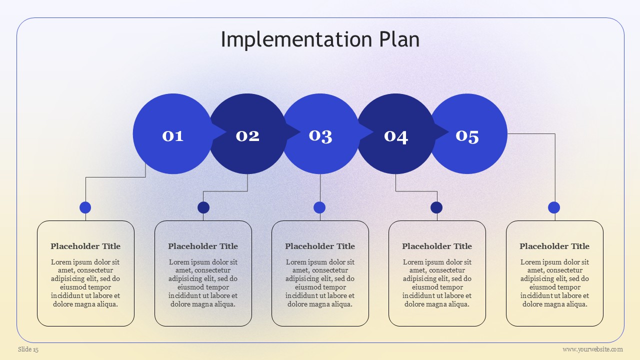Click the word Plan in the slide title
[x=399, y=39]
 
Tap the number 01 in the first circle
[x=172, y=136]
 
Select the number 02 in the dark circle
[x=247, y=136]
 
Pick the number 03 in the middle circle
[x=320, y=136]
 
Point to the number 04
[x=395, y=137]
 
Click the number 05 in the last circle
[x=467, y=136]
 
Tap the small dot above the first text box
[x=85, y=207]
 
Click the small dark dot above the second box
[x=203, y=207]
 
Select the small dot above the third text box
[x=319, y=207]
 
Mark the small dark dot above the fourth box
[x=436, y=207]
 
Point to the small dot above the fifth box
[x=554, y=207]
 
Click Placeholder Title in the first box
[x=85, y=246]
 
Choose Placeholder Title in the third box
[x=320, y=246]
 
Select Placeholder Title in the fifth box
[x=554, y=246]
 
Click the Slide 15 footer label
[x=28, y=349]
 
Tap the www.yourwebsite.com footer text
[x=592, y=349]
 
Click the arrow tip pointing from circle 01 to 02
[x=226, y=132]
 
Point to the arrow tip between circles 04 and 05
[x=448, y=132]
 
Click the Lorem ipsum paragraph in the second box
[x=203, y=283]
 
